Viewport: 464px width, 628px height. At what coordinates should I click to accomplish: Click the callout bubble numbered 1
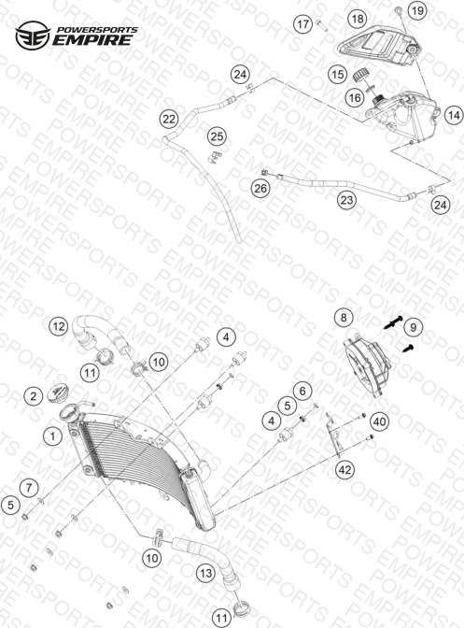point(53,435)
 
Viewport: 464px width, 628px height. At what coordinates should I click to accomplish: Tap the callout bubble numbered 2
point(34,396)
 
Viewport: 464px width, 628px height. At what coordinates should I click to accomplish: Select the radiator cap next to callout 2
point(58,392)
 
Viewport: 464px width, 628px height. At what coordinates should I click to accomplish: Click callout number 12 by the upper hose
point(59,326)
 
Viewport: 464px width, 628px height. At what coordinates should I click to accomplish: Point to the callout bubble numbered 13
point(206,573)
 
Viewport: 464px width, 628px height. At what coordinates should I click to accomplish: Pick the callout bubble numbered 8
point(344,317)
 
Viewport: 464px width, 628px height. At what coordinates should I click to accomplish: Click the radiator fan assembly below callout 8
point(367,364)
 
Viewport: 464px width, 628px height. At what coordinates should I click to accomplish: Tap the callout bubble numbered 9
point(413,327)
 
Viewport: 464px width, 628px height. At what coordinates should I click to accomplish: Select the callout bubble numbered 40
point(380,421)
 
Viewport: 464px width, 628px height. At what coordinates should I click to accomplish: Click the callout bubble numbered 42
point(344,469)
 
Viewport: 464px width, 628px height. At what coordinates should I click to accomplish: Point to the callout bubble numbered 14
point(454,115)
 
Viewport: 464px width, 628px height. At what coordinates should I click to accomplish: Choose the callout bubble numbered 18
point(358,18)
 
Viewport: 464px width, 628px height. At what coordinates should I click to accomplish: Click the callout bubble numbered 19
point(417,10)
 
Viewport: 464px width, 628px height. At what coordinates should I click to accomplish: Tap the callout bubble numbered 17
point(302,24)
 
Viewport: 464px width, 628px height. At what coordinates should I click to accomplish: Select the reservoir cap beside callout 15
point(360,75)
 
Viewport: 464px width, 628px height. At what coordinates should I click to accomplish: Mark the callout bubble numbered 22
point(169,119)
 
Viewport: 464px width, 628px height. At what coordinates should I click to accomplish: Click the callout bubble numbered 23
point(346,199)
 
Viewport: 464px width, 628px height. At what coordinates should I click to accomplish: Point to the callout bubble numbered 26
point(260,188)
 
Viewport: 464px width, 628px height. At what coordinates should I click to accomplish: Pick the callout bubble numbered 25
point(217,136)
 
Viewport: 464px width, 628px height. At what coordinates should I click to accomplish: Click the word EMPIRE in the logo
point(92,40)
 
